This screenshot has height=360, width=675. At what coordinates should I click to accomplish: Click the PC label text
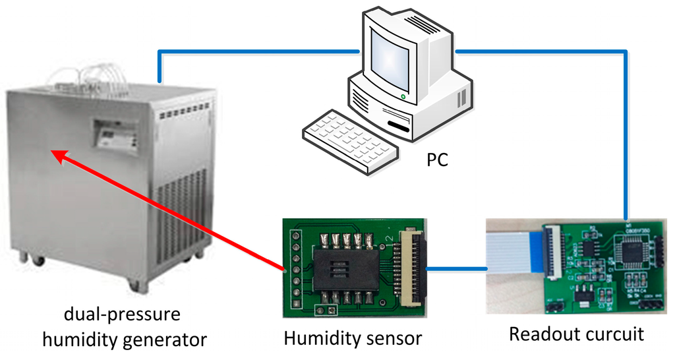click(x=436, y=160)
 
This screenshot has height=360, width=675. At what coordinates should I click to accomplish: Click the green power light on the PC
click(x=402, y=97)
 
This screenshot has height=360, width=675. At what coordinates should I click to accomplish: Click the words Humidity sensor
click(x=353, y=338)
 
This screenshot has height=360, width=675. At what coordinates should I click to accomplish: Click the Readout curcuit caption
click(x=576, y=334)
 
